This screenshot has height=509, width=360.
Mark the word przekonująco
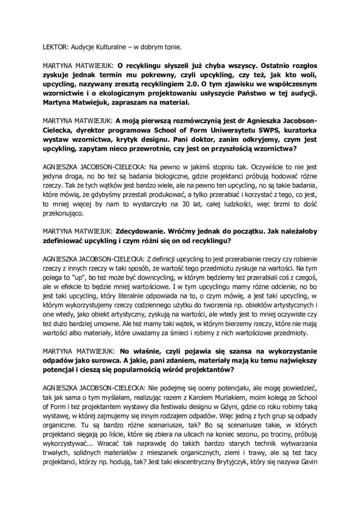[x=63, y=214]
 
